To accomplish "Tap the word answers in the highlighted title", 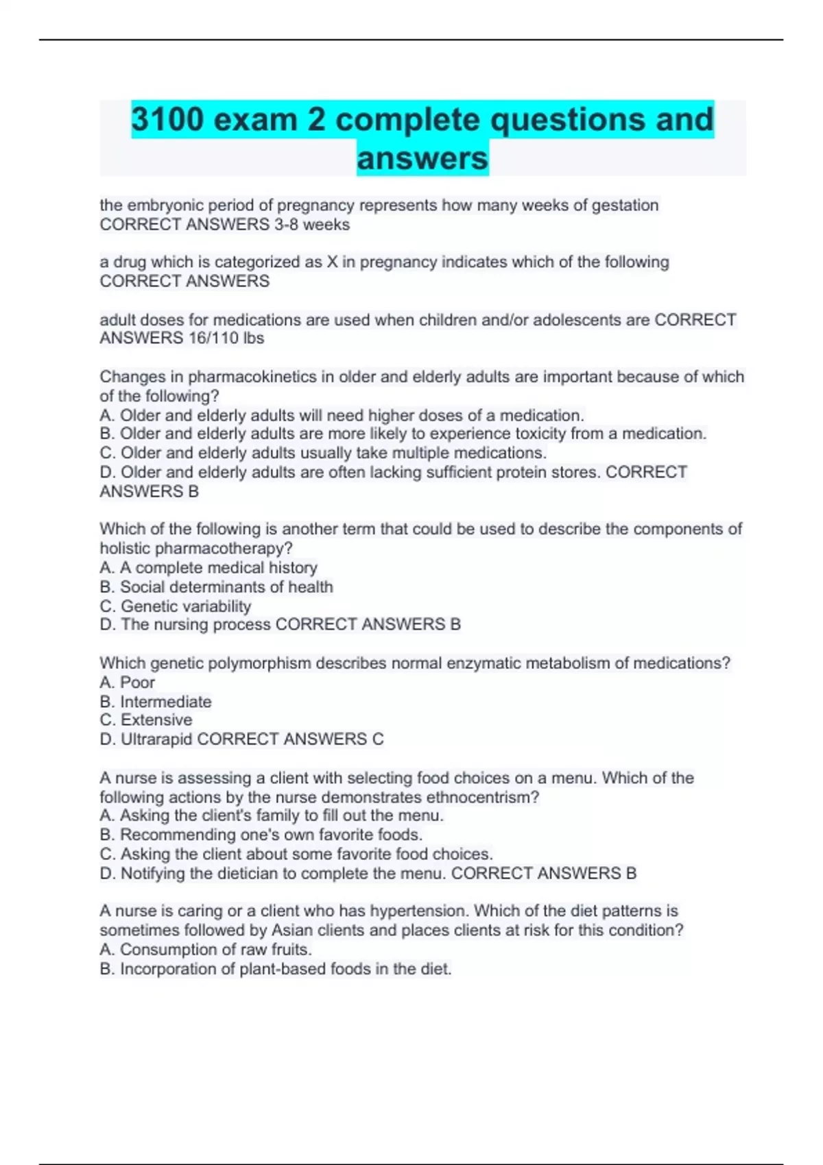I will (422, 158).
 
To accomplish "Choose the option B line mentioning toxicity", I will (403, 434).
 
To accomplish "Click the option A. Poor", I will (128, 683).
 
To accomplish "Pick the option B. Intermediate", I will (156, 702).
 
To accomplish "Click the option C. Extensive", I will (146, 720).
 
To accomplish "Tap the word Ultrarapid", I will (157, 739).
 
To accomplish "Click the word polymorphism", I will (248, 663).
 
